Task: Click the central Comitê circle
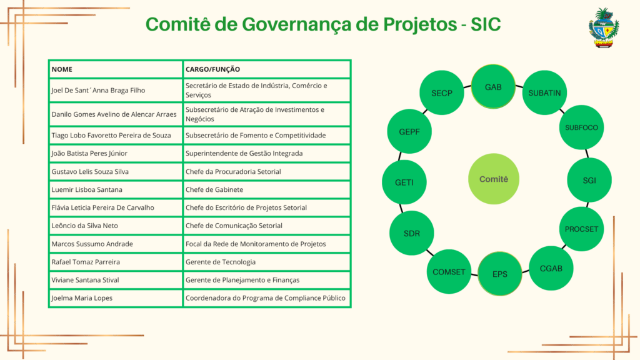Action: click(x=494, y=179)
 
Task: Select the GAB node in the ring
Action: click(x=493, y=86)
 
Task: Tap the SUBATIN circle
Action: click(x=544, y=92)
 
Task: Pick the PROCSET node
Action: click(x=581, y=229)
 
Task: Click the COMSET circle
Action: click(x=449, y=271)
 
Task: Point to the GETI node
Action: click(x=404, y=182)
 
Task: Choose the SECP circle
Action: click(x=442, y=92)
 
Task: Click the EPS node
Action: click(x=499, y=274)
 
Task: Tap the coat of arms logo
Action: click(x=604, y=27)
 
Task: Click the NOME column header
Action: click(x=62, y=69)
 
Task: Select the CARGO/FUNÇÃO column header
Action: click(x=212, y=69)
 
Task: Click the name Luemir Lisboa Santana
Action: click(x=87, y=189)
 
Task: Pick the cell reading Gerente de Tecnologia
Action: click(x=221, y=262)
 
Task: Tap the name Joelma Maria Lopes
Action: click(x=82, y=298)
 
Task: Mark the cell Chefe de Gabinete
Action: click(x=214, y=189)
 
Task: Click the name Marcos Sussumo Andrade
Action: click(x=92, y=244)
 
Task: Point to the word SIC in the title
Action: click(x=485, y=24)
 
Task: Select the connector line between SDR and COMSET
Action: click(x=430, y=252)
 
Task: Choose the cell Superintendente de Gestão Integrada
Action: click(x=244, y=154)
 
